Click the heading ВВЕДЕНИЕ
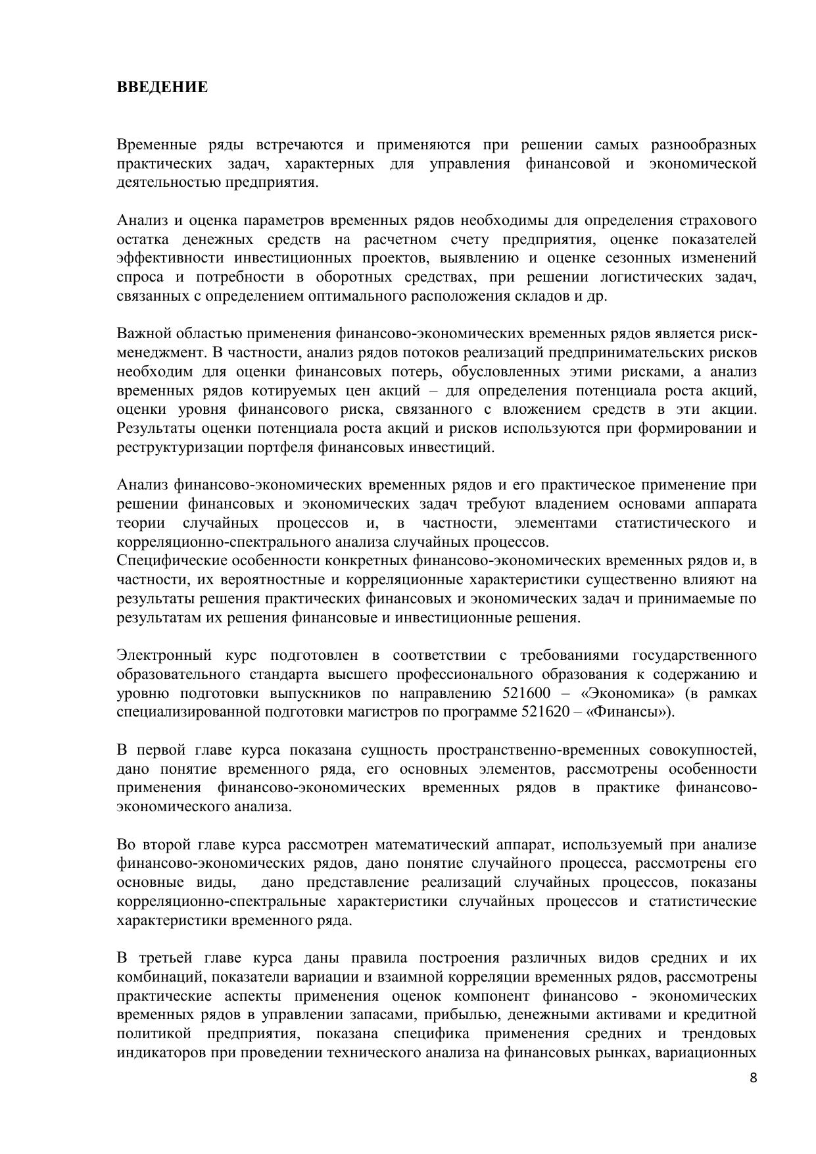pyautogui.click(x=162, y=87)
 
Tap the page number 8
pyautogui.click(x=753, y=1078)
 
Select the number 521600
pyautogui.click(x=527, y=693)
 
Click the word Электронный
pyautogui.click(x=164, y=655)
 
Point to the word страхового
pyautogui.click(x=717, y=220)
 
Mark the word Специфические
pyautogui.click(x=170, y=561)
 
